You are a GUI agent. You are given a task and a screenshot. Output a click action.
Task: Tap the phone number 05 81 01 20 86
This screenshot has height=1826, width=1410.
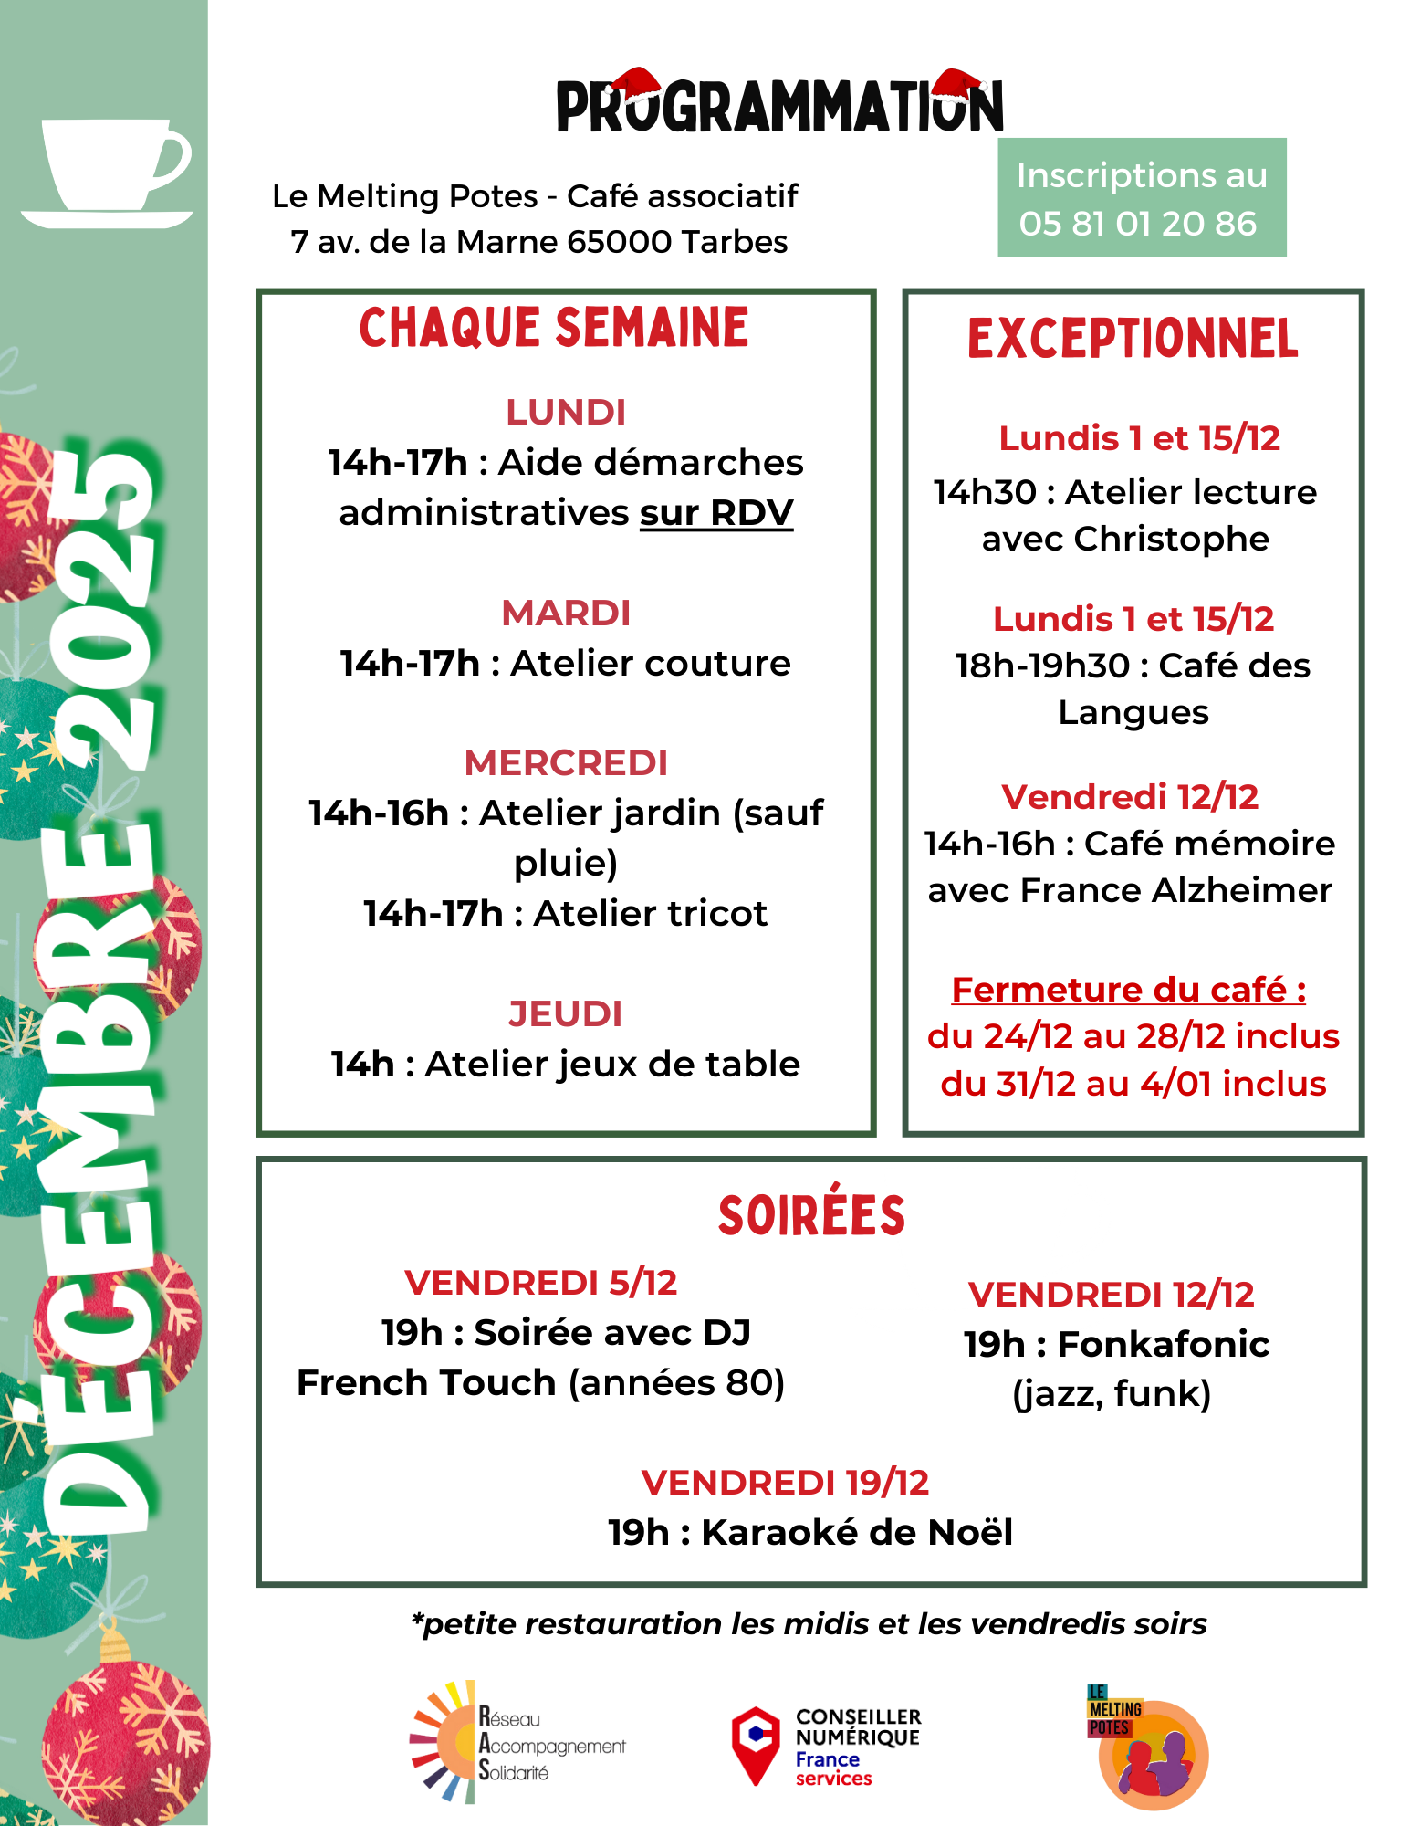tap(1138, 224)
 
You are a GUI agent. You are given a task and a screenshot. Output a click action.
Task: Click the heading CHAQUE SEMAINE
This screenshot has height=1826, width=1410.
tap(554, 329)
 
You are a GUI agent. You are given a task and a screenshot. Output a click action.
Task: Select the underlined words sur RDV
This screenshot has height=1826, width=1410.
tap(716, 513)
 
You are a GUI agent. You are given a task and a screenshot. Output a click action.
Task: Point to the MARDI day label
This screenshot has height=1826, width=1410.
tap(566, 614)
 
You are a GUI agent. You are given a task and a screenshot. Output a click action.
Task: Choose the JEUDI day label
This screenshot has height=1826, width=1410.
tap(566, 1013)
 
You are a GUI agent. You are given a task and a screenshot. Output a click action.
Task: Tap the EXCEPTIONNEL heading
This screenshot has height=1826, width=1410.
tap(1133, 339)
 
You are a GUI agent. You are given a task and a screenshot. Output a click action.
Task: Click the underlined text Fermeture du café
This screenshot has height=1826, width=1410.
tap(1128, 990)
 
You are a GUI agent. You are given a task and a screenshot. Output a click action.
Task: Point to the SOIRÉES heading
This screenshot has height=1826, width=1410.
tap(811, 1215)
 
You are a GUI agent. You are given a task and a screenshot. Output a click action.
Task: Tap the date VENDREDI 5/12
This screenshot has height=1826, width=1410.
tap(541, 1283)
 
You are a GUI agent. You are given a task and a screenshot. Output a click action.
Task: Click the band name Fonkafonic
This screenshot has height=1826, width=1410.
tap(1164, 1344)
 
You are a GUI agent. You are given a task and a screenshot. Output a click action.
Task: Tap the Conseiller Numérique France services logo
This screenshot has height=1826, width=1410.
tap(826, 1746)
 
